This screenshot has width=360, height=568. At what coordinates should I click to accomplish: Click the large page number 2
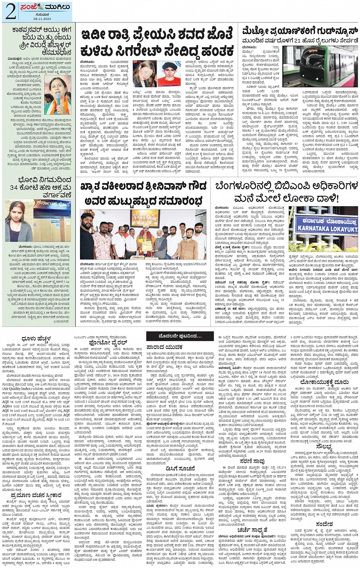pos(10,11)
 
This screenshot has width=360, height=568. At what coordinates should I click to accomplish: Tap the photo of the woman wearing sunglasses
pos(144,74)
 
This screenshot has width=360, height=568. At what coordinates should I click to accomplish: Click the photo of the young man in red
pos(169,74)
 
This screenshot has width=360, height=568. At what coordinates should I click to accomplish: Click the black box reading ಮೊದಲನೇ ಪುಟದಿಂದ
pos(180,336)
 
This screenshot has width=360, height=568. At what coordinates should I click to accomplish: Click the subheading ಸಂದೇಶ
pos(324,524)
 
